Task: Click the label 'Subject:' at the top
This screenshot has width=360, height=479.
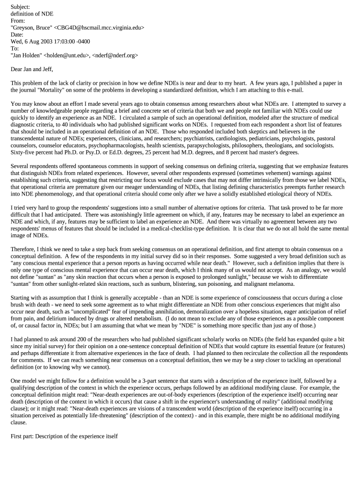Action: (20, 7)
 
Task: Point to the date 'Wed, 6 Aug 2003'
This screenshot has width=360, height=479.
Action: (34, 41)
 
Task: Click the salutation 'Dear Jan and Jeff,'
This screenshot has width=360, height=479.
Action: (32, 69)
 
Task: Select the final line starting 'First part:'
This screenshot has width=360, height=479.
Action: (64, 436)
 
